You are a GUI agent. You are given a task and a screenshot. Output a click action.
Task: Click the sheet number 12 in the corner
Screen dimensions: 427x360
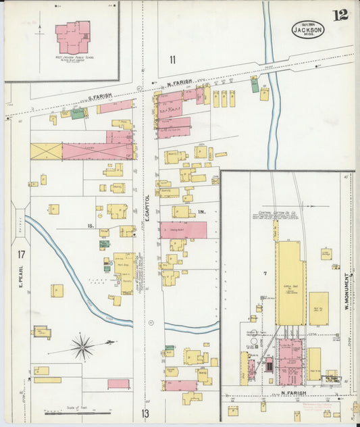coord(340,15)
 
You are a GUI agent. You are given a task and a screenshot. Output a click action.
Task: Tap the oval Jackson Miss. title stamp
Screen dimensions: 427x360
coord(308,30)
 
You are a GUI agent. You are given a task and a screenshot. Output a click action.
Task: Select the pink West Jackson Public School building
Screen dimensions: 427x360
coord(72,38)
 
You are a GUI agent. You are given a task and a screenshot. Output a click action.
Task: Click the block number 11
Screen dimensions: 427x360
coord(173,60)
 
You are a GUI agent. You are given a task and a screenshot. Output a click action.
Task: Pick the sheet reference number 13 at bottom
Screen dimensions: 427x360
coord(145,413)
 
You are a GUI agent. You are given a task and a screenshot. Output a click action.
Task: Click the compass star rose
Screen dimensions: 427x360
coord(83,347)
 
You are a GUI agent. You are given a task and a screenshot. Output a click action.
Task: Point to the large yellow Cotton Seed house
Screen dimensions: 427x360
coord(290,284)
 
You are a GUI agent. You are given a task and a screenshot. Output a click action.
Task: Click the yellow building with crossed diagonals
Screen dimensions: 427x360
coord(46,151)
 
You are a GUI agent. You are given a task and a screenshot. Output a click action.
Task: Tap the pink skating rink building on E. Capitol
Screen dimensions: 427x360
coord(183,230)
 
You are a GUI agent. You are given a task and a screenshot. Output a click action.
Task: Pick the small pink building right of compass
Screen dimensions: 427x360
coord(118,384)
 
